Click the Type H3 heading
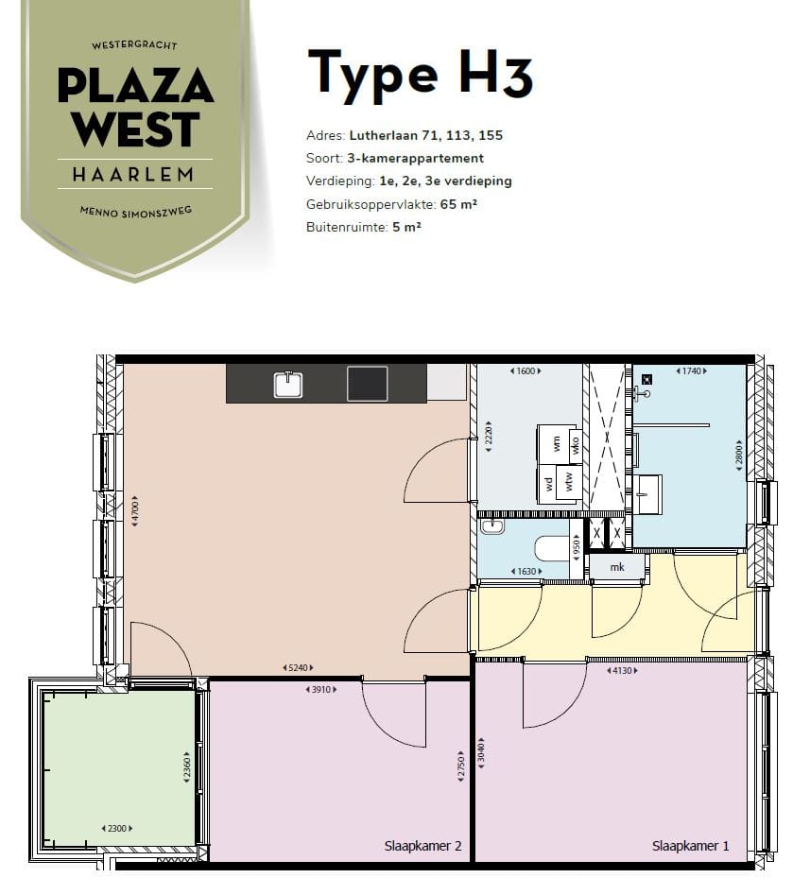coord(421,74)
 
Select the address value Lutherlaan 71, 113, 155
coord(426,135)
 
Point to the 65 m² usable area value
coord(458,204)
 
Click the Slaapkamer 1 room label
coord(690,845)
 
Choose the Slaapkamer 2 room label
coord(422,845)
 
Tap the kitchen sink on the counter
coord(288,384)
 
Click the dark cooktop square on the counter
coord(367,383)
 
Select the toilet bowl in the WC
coord(551,548)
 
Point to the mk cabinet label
coord(617,567)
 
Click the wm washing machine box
coord(554,443)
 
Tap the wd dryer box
coord(547,484)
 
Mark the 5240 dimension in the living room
coord(298,667)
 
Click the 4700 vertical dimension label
coord(135,510)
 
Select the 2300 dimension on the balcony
coord(117,828)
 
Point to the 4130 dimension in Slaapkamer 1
coord(622,671)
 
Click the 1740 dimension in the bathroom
coord(691,371)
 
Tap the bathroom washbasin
coord(648,494)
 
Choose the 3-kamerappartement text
coord(416,158)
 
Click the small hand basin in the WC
coord(492,525)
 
